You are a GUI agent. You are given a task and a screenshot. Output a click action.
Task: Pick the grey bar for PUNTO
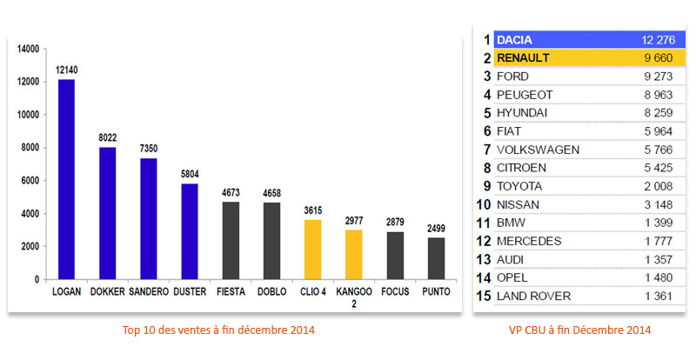point(437,259)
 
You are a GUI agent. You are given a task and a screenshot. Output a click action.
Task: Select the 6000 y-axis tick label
point(30,181)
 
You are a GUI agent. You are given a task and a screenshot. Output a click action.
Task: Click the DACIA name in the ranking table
point(515,40)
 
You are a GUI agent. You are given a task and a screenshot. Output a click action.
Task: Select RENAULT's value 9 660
point(658,58)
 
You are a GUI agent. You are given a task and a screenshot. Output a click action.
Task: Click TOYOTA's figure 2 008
point(658,186)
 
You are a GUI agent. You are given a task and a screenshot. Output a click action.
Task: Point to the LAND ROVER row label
point(533,297)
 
